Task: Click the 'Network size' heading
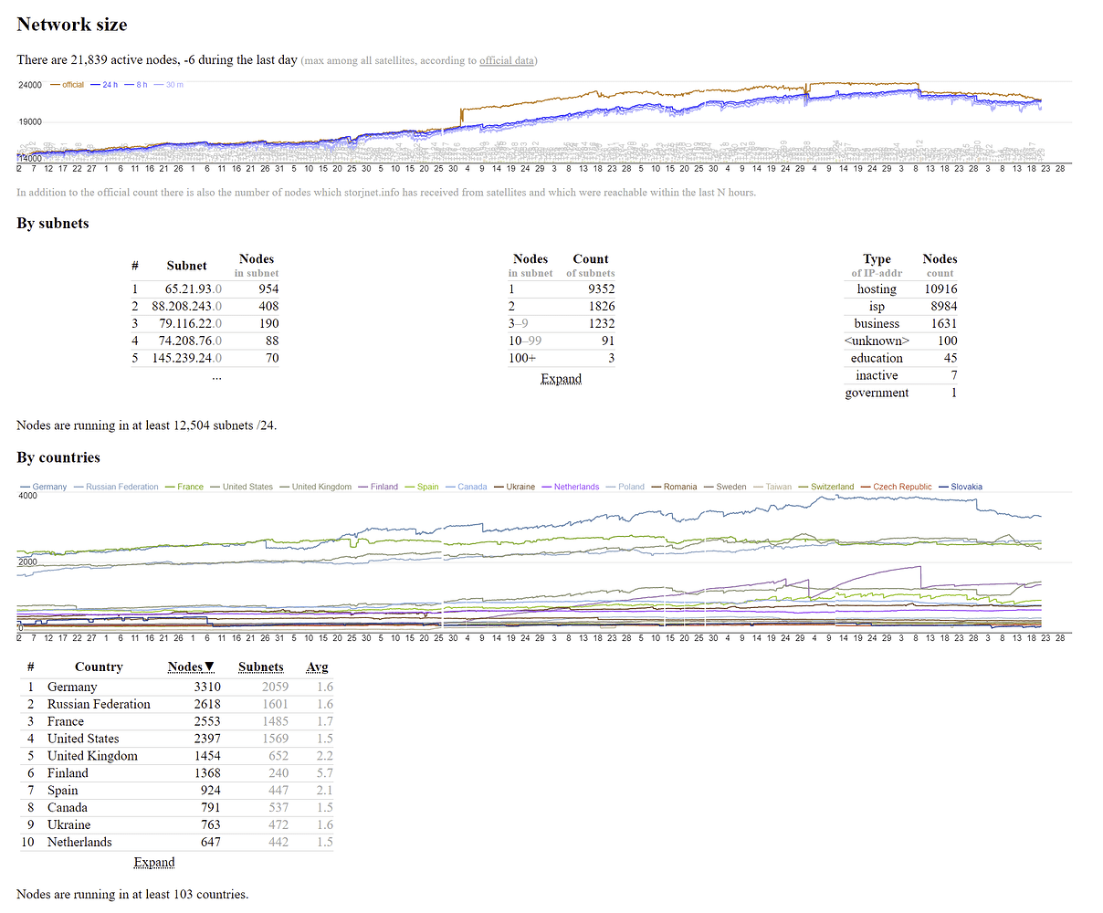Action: [72, 25]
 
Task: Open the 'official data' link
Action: [507, 61]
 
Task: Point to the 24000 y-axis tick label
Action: [30, 85]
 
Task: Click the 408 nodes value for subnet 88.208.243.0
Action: [268, 307]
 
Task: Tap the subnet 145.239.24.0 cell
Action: [186, 359]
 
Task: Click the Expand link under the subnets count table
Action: [561, 379]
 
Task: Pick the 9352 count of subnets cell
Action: [601, 289]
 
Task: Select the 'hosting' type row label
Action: [877, 289]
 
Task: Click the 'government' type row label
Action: [877, 394]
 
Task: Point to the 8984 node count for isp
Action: [943, 307]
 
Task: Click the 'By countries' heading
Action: [58, 457]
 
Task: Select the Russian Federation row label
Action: [99, 705]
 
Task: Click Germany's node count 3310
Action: [207, 687]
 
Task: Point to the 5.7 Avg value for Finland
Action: [324, 773]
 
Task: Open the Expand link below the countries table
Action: [154, 863]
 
